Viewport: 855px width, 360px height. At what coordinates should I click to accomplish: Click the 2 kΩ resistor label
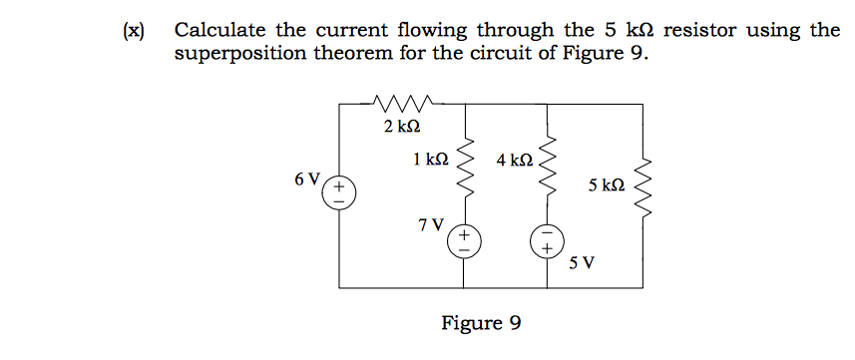(401, 127)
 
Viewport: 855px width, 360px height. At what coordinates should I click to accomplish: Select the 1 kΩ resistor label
(430, 159)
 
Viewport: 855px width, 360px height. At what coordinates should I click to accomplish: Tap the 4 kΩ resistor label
(515, 160)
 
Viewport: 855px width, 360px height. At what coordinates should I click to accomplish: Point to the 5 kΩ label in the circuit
(607, 185)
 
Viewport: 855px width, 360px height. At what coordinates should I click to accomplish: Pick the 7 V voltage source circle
(464, 240)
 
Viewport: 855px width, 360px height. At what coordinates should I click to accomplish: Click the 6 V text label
(307, 180)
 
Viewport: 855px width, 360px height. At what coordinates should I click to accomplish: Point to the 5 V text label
(582, 264)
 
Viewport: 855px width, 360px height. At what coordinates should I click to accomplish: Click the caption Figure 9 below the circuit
(481, 323)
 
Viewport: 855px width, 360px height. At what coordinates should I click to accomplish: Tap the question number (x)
(133, 30)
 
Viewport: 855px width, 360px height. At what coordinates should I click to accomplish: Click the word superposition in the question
(232, 54)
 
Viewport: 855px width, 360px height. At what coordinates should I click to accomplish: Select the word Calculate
(219, 30)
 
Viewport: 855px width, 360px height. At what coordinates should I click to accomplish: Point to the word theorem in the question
(339, 53)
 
